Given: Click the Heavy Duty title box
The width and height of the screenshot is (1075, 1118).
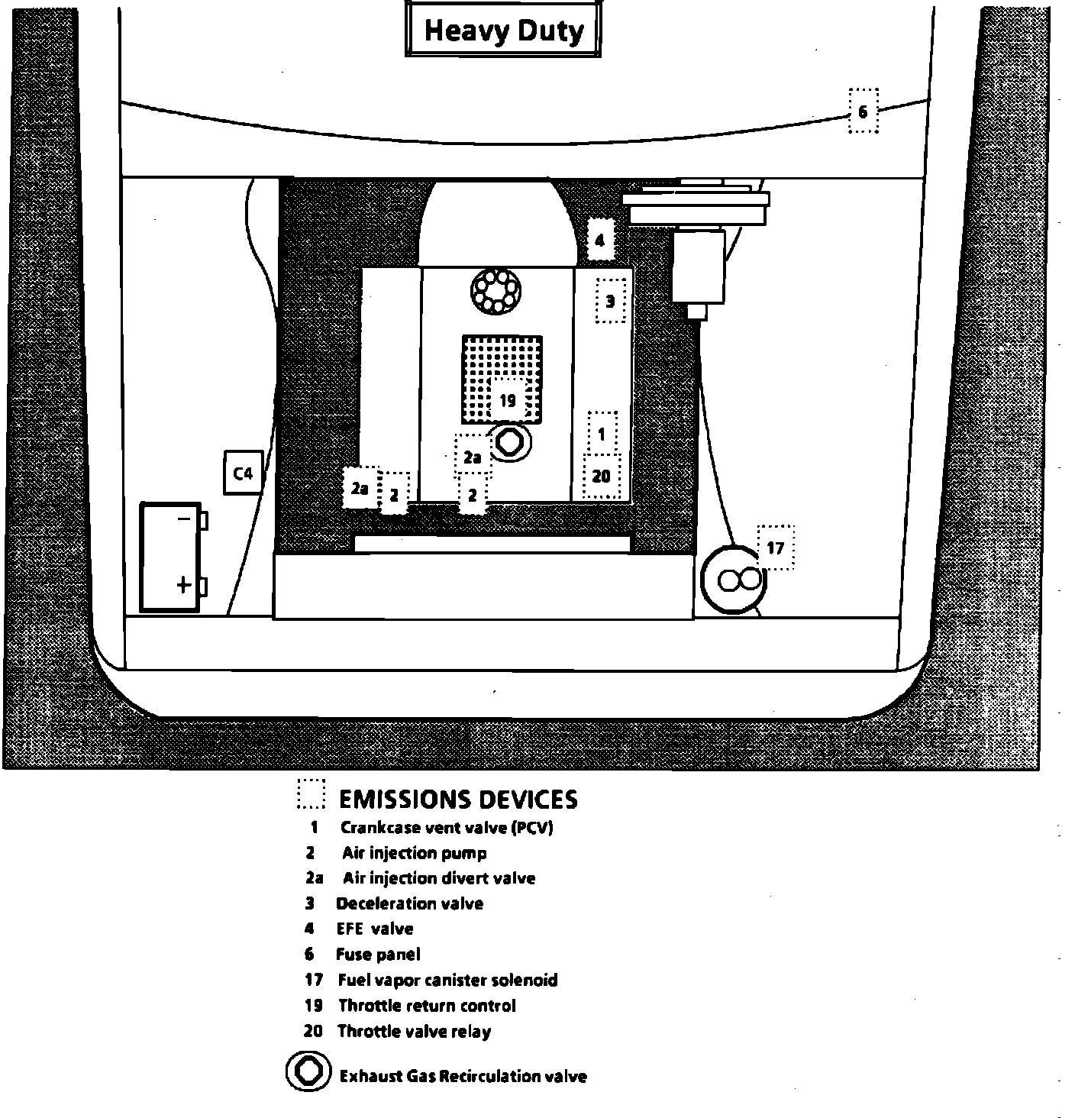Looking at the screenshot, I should pos(503,31).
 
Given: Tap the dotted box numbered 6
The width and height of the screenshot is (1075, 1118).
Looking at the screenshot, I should pos(864,111).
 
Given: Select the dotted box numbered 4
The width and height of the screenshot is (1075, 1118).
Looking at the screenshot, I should pos(600,241).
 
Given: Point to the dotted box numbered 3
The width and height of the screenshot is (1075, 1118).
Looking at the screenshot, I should pos(610,301).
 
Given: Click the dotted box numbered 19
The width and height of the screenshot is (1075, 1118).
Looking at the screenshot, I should pos(508,399).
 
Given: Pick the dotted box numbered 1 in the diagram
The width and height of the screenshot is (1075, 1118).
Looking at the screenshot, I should pos(602,434).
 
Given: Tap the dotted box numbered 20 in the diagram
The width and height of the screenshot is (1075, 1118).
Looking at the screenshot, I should pos(602,476).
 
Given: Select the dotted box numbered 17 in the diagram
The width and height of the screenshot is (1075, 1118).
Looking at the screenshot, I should pos(775,548).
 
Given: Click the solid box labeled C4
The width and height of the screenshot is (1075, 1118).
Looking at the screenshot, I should pos(243,473).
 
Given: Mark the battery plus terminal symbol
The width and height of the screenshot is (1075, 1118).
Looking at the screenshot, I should pos(184,585).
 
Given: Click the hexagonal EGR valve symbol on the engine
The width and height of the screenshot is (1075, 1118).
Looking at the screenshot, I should pos(508,441).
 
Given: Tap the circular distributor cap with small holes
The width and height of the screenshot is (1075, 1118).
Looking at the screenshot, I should pos(496,290).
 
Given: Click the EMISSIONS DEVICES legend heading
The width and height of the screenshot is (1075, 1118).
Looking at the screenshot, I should pos(458,799).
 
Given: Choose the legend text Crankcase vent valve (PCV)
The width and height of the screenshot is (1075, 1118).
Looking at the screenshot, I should pos(447,828).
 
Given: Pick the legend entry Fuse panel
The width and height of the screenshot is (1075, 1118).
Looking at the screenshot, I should pos(378,955).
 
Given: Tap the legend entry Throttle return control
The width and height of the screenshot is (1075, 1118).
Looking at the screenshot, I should pos(427,1006).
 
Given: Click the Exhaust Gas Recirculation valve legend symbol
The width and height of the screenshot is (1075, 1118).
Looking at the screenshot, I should pos(308,1071).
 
